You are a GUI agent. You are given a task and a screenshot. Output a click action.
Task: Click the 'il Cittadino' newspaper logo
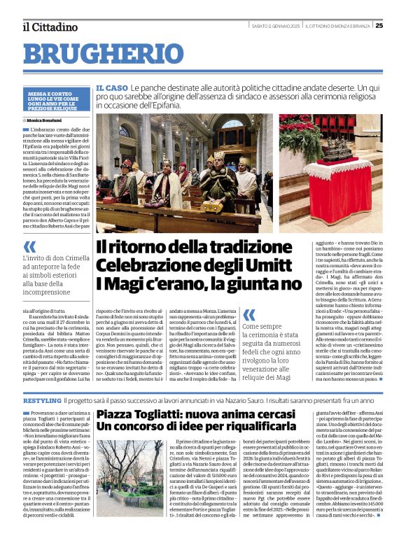(50, 27)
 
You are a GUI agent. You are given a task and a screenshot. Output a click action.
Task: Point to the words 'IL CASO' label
(112, 88)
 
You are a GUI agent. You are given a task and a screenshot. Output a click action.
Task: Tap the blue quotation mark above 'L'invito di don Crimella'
(29, 246)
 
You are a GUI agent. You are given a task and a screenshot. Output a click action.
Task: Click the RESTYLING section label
(42, 400)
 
